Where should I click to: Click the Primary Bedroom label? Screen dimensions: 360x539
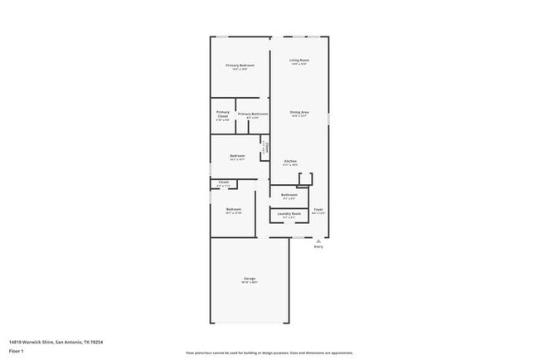240,65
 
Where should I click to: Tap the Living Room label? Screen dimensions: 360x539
299,60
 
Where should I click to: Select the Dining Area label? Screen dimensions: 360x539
299,112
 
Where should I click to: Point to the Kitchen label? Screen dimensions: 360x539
290,161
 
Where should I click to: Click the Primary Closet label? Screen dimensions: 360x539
223,114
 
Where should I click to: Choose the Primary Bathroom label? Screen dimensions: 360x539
253,114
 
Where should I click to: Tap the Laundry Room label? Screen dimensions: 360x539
289,214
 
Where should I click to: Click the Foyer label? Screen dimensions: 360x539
318,210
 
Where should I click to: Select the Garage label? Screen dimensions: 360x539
250,278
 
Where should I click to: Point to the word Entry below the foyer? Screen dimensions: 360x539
318,247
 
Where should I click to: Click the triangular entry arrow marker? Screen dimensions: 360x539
318,241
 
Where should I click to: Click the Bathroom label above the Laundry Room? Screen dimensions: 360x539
289,195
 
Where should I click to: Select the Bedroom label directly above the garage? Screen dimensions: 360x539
233,209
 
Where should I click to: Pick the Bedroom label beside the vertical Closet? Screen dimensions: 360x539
237,156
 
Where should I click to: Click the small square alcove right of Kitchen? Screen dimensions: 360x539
305,178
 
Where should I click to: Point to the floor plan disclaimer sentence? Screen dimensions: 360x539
269,352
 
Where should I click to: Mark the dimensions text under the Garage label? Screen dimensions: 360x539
250,283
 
